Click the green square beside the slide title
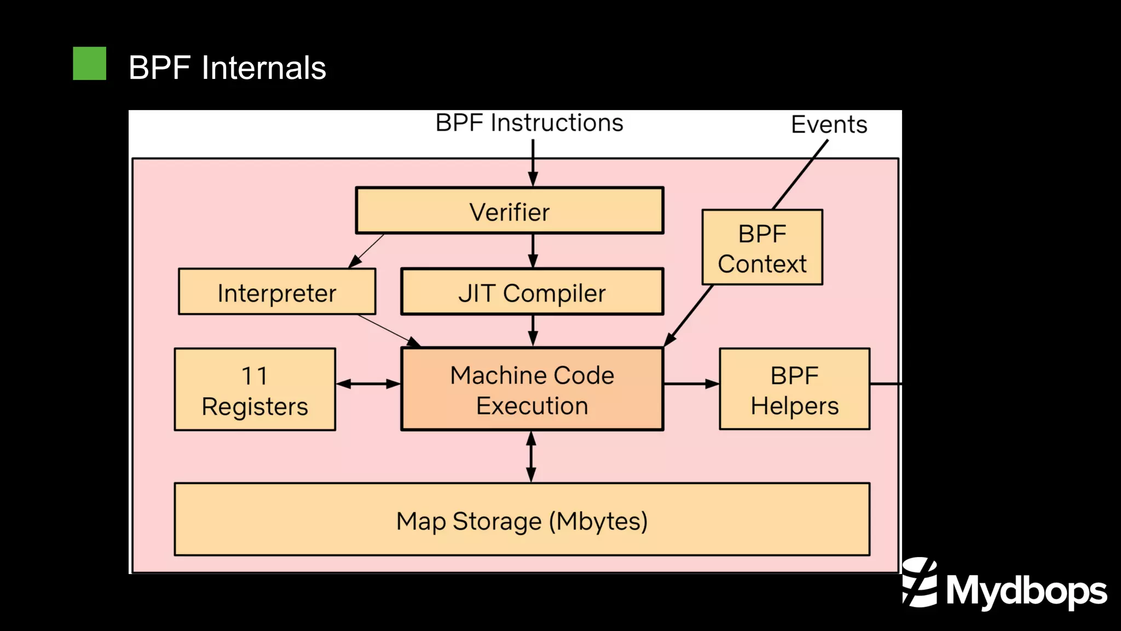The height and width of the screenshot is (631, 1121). pyautogui.click(x=89, y=64)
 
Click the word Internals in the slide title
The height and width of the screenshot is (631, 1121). pyautogui.click(x=263, y=68)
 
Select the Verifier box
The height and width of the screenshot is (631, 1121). pyautogui.click(x=509, y=211)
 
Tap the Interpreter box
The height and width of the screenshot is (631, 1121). pyautogui.click(x=277, y=292)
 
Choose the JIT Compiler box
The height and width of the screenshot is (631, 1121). pyautogui.click(x=532, y=292)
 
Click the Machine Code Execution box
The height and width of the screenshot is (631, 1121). pyautogui.click(x=532, y=389)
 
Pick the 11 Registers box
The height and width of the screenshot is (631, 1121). pyautogui.click(x=255, y=389)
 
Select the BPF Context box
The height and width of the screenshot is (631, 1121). pyautogui.click(x=762, y=248)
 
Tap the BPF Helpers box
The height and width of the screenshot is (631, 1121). pyautogui.click(x=794, y=389)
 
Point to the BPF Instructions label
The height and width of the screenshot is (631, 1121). pyautogui.click(x=529, y=123)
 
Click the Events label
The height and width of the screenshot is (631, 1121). pyautogui.click(x=829, y=124)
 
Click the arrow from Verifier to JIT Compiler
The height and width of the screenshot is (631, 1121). pyautogui.click(x=533, y=251)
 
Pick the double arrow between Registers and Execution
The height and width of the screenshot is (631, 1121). pyautogui.click(x=368, y=384)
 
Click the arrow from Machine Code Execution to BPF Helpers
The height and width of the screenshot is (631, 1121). pyautogui.click(x=691, y=384)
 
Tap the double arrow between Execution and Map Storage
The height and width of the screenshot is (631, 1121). pyautogui.click(x=531, y=456)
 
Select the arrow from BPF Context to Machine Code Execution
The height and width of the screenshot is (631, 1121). pyautogui.click(x=689, y=315)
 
